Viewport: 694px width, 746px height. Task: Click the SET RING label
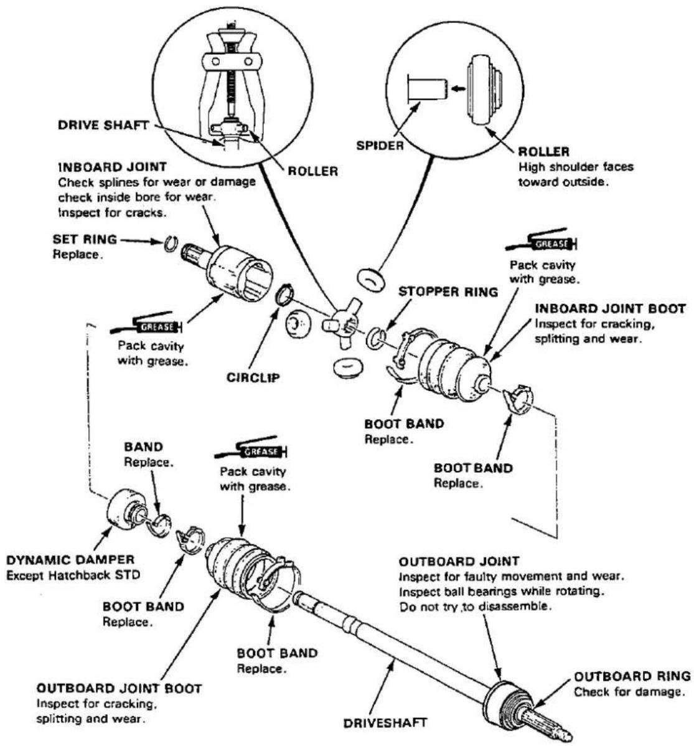85,239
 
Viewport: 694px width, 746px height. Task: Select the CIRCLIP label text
253,378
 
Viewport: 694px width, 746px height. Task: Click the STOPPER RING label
448,291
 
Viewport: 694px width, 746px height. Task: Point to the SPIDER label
380,146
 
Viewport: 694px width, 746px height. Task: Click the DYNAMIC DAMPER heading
70,559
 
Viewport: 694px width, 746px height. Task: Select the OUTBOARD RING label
632,676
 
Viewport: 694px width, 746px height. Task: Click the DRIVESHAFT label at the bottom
385,723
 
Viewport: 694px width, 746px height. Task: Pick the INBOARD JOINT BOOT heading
610,308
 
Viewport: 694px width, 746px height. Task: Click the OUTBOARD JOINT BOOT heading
119,688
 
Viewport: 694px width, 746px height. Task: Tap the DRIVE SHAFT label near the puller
103,125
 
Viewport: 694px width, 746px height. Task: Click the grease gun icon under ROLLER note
542,242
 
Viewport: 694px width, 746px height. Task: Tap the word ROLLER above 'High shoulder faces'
543,151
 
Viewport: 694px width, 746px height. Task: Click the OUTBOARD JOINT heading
459,562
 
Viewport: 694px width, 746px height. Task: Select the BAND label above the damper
143,446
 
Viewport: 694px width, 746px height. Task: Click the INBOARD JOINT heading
112,167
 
